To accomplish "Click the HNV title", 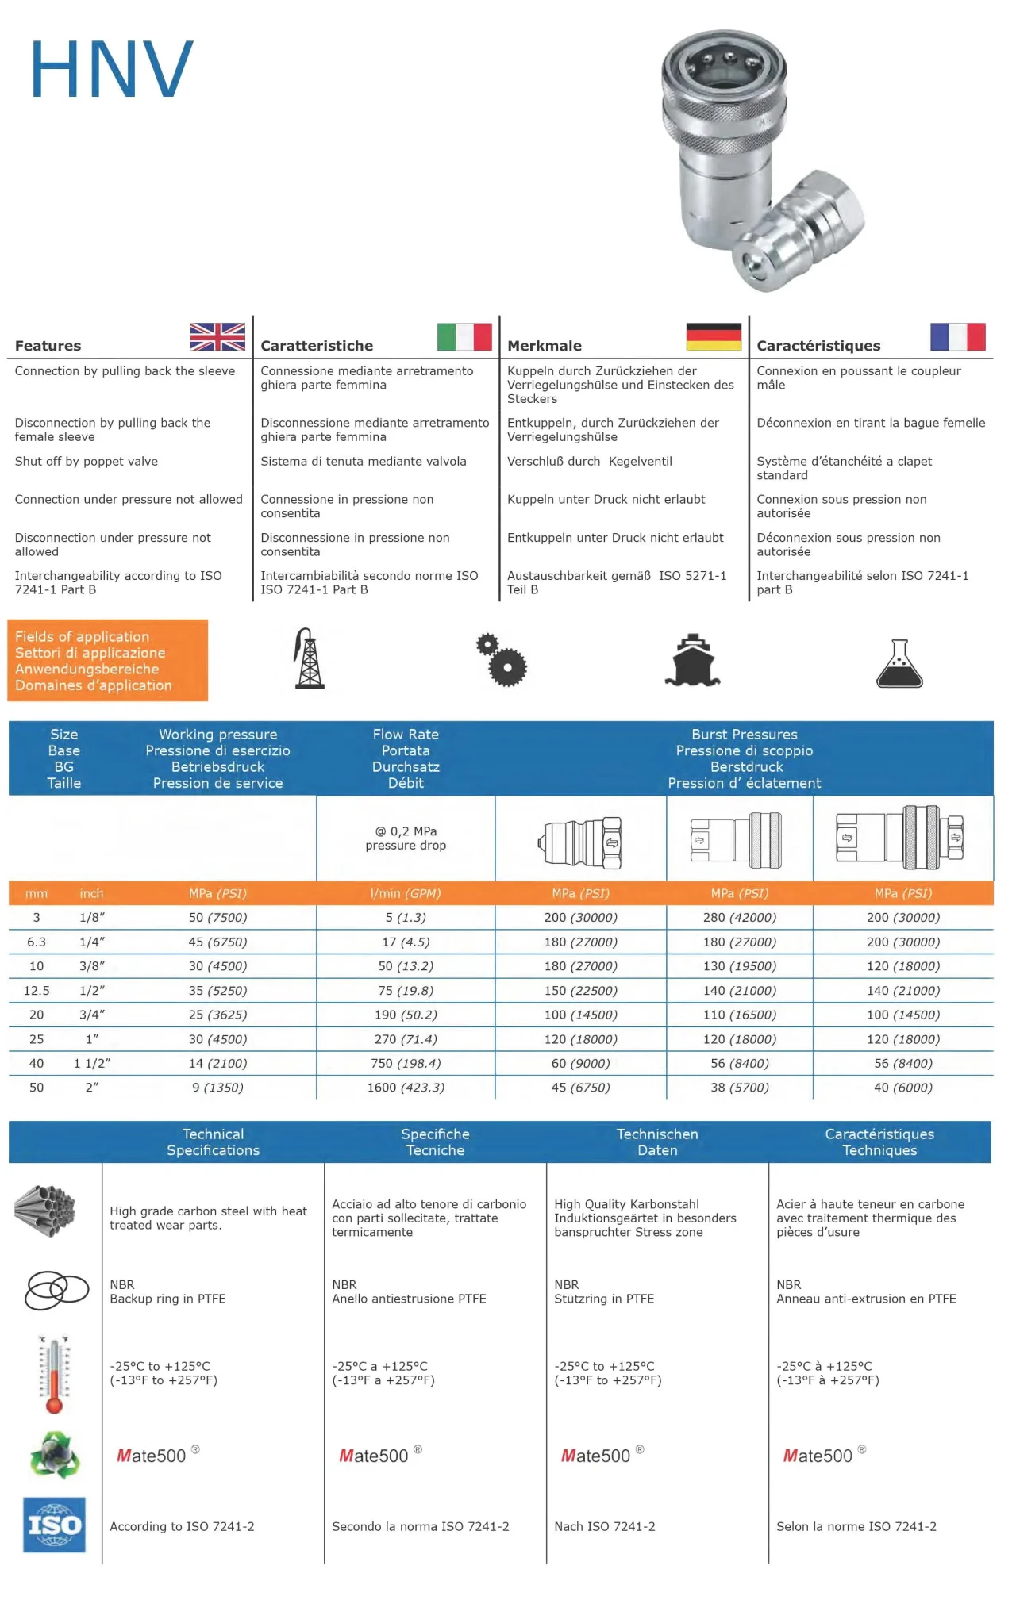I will click(x=111, y=70).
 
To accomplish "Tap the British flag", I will click(x=217, y=337).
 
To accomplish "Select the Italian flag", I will click(x=464, y=337).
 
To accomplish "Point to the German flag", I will click(x=714, y=337).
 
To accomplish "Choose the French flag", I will click(x=957, y=337).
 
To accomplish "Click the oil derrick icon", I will click(x=309, y=659).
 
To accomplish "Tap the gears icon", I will click(x=502, y=660).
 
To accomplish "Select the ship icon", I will click(x=692, y=660).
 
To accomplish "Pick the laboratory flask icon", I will click(x=899, y=663).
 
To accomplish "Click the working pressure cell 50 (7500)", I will click(x=217, y=918).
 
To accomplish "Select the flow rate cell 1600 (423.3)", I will click(x=406, y=1088).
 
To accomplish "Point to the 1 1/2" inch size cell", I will click(x=92, y=1064).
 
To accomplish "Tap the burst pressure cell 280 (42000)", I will click(x=739, y=918).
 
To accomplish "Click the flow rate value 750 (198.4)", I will click(x=406, y=1064).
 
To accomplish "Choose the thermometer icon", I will click(x=54, y=1375).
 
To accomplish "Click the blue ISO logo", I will click(x=54, y=1525).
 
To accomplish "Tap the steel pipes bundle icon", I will click(x=45, y=1211).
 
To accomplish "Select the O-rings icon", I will click(x=56, y=1291).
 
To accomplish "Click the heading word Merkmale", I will click(x=544, y=346).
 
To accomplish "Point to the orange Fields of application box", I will click(x=107, y=661).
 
